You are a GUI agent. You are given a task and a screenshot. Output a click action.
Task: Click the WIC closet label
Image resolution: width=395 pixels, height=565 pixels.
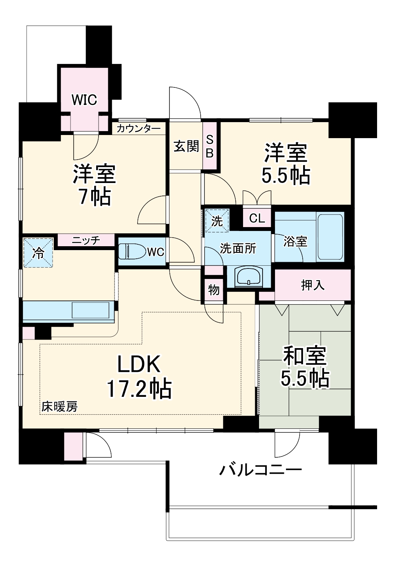click(84, 99)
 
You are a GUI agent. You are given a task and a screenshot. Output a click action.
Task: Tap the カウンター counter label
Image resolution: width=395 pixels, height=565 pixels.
click(138, 128)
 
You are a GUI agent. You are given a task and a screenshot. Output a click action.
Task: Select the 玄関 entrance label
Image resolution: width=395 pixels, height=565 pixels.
click(186, 146)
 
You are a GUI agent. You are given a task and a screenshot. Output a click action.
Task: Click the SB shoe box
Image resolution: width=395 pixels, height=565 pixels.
click(210, 146)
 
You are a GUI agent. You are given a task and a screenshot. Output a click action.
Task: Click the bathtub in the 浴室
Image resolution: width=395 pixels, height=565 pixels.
click(330, 237)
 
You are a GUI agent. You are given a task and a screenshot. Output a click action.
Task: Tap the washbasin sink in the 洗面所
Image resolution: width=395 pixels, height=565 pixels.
click(249, 276)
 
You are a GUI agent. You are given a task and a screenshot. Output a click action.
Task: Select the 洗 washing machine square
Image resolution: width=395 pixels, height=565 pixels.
click(217, 221)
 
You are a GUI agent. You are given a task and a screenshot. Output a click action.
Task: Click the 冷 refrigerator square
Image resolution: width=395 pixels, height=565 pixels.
click(38, 253)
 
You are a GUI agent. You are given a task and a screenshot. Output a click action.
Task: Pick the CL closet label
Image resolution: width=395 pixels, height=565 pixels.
click(257, 218)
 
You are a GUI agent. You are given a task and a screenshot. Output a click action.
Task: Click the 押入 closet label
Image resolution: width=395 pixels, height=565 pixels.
click(312, 285)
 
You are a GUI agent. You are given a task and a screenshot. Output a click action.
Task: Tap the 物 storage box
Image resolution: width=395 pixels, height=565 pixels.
click(214, 290)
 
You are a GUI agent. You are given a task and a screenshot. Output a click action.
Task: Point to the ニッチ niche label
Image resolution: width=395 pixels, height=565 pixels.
click(86, 240)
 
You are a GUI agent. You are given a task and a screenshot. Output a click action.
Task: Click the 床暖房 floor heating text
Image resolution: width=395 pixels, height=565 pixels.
click(60, 407)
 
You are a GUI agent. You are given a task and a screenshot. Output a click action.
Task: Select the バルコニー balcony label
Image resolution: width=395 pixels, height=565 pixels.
click(260, 469)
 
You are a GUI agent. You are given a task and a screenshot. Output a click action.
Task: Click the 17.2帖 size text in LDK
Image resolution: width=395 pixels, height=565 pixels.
click(139, 388)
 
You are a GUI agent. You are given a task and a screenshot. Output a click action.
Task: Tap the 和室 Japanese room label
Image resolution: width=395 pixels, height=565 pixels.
click(305, 355)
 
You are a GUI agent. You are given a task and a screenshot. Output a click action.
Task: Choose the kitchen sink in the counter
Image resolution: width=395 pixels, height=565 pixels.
click(90, 311)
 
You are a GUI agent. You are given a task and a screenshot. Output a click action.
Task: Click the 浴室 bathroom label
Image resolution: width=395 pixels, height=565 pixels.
click(295, 242)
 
